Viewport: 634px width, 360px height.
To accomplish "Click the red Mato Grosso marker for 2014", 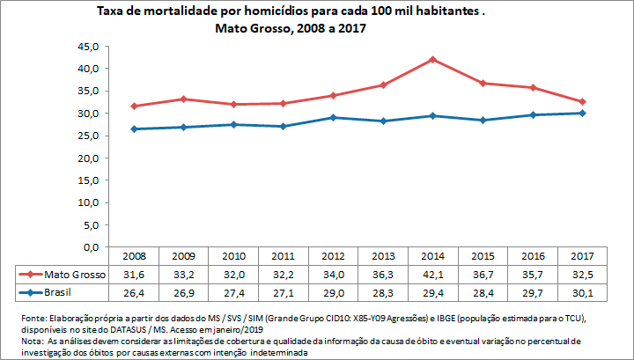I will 432,59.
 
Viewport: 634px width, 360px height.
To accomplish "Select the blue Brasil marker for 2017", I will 582,113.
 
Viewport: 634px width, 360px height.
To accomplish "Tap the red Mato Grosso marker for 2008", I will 134,106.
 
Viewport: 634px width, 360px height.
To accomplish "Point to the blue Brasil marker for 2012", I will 333,117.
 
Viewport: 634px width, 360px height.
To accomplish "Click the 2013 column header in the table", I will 383,257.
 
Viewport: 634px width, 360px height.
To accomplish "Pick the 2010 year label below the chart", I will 233,257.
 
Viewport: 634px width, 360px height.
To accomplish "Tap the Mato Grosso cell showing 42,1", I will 432,274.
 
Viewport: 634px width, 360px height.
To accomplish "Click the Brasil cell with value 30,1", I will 582,290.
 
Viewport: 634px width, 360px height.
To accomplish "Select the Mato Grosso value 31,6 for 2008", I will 134,274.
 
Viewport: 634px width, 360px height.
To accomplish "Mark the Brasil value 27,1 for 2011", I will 284,290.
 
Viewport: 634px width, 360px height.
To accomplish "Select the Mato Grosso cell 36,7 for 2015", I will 483,274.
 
